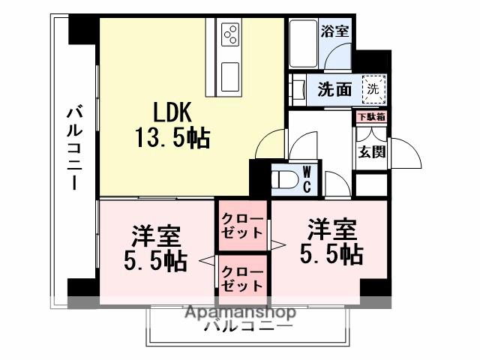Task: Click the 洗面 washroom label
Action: coord(334,89)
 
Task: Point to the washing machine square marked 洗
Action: coord(373,88)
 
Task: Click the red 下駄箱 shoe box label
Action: coord(370,116)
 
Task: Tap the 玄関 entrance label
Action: coord(371,152)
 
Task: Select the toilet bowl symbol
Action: coord(283,179)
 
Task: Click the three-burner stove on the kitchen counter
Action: coord(229,34)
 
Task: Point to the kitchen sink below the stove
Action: coord(229,74)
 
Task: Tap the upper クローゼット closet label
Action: coord(241,226)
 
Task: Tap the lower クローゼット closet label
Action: coord(241,278)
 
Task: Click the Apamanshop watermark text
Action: coord(239,312)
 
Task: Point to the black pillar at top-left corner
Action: coord(82,29)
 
